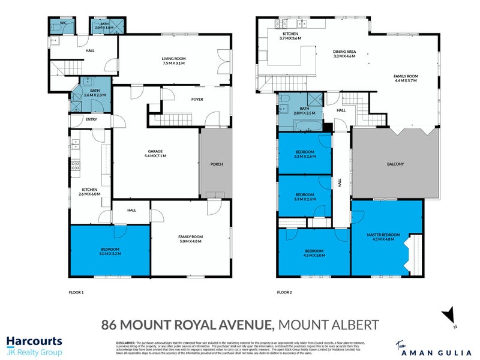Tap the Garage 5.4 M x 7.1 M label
click(155, 153)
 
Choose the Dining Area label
click(345, 55)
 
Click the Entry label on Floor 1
click(91, 119)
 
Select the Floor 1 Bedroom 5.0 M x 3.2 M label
click(110, 251)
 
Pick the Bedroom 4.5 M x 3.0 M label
click(314, 253)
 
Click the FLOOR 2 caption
click(285, 292)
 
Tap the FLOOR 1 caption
click(76, 292)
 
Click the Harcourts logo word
click(35, 341)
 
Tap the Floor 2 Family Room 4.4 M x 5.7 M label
click(406, 78)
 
